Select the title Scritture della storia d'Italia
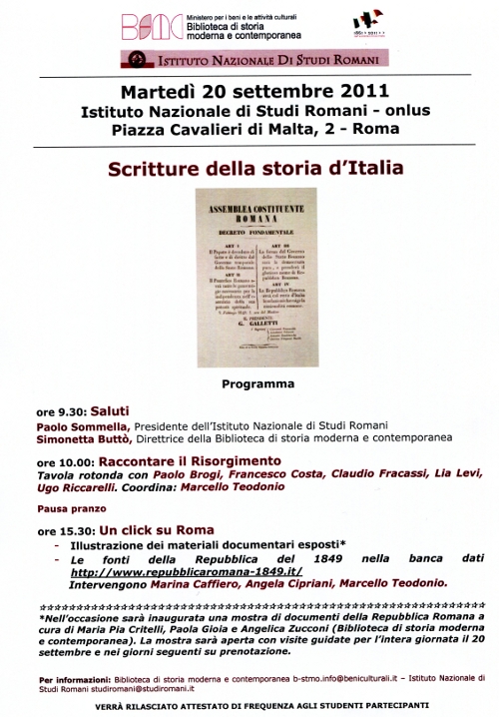[249, 167]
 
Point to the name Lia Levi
[432, 476]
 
